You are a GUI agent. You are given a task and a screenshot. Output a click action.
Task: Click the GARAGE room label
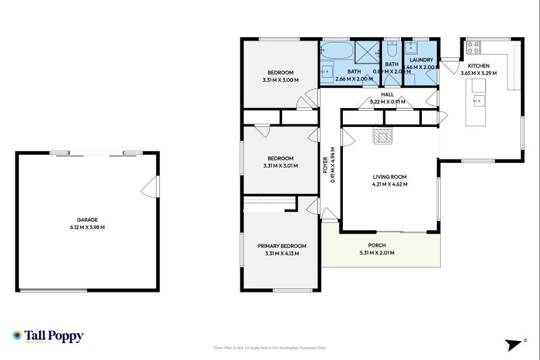coord(87,220)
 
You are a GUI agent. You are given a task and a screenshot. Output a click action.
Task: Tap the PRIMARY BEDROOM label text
coord(281,246)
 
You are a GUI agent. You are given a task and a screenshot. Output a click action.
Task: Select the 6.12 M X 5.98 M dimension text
coord(87,227)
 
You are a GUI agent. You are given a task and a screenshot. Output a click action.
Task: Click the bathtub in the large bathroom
coord(335,50)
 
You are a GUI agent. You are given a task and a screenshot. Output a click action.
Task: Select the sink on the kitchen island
coord(478,101)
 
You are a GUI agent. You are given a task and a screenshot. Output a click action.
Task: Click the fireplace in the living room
coord(382,136)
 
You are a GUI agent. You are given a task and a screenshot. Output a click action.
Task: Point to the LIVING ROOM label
coord(390,177)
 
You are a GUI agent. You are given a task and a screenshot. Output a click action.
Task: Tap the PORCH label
coord(377,245)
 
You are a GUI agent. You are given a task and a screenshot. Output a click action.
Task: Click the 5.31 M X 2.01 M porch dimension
coord(377,253)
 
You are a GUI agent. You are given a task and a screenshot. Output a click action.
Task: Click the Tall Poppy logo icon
coord(17,335)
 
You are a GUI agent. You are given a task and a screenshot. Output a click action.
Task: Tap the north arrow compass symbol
coord(516,344)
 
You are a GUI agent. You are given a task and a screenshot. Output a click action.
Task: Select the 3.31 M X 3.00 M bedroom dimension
coord(280,80)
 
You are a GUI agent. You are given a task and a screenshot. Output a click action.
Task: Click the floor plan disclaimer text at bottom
coord(269,348)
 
